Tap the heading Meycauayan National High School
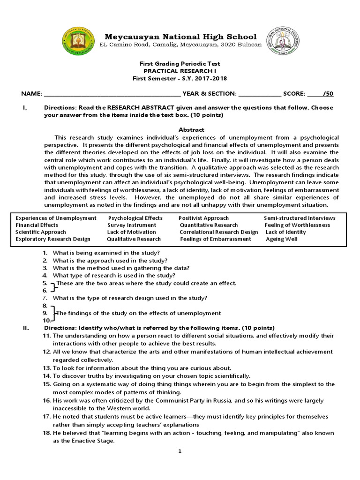coord(180,37)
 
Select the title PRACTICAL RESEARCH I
coord(180,71)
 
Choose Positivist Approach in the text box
coord(203,218)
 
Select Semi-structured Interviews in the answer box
coord(300,218)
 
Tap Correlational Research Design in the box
coord(219,232)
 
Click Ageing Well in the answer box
coord(282,239)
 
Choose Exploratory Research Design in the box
coord(52,239)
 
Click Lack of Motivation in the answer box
coord(131,232)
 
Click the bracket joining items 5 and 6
coord(52,286)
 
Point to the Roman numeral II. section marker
coord(26,328)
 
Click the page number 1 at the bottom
coord(180,451)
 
